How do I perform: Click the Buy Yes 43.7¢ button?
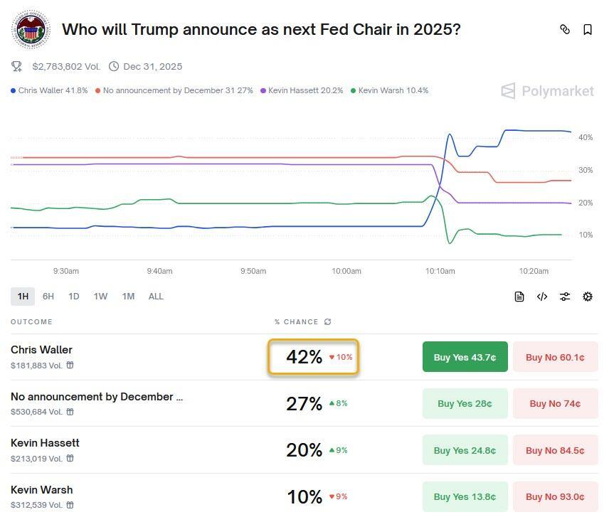point(465,357)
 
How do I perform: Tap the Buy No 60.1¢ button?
point(555,357)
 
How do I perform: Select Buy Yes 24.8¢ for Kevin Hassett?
point(465,450)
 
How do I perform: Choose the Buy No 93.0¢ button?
point(555,496)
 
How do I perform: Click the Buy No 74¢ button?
point(555,403)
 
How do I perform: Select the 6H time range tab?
point(48,297)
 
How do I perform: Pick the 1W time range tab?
point(100,297)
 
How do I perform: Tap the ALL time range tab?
point(156,297)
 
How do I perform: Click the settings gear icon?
point(588,297)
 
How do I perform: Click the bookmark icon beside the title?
point(588,30)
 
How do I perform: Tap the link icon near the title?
point(565,30)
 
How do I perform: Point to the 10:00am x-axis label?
point(346,271)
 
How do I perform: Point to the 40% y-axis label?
point(586,137)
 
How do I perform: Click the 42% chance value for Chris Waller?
point(304,357)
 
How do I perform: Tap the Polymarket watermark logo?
point(548,91)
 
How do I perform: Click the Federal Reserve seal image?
point(31,30)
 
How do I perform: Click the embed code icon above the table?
point(542,297)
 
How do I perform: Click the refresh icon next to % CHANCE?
point(327,322)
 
